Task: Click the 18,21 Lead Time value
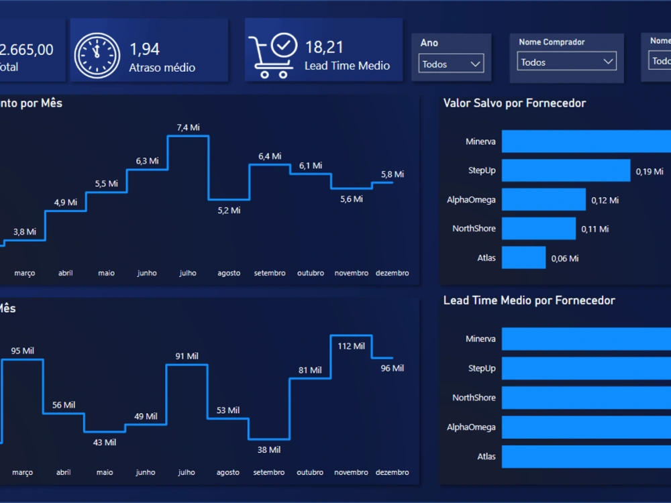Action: click(x=324, y=47)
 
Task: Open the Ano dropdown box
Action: click(x=451, y=64)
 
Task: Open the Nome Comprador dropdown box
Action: click(x=567, y=62)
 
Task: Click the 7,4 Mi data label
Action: click(x=188, y=127)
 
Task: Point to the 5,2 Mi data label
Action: click(x=229, y=210)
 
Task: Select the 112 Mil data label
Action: click(x=351, y=346)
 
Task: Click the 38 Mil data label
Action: click(x=269, y=449)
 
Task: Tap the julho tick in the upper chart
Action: click(x=188, y=273)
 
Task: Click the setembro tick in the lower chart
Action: click(x=269, y=472)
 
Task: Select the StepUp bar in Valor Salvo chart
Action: click(x=566, y=170)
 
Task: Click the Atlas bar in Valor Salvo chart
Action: click(x=523, y=258)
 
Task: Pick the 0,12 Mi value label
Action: click(x=605, y=200)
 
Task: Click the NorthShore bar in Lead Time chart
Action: click(x=586, y=398)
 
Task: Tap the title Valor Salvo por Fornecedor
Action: click(x=514, y=103)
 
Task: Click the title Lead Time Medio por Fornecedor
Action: click(x=529, y=300)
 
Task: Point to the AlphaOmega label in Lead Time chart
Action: click(x=471, y=427)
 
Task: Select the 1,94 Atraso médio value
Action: click(x=144, y=48)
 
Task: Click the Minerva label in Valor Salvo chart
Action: click(x=480, y=142)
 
